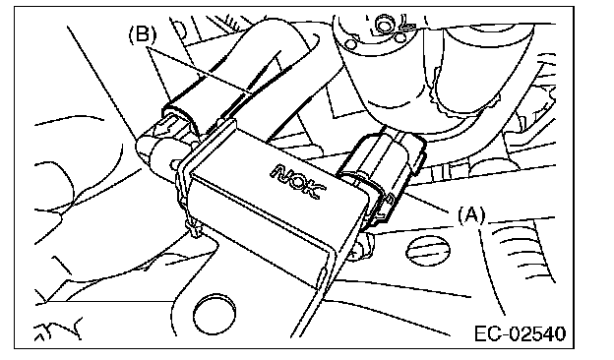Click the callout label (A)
click(471, 216)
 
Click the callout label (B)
click(142, 34)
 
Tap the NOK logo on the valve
click(298, 181)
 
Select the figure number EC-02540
click(521, 334)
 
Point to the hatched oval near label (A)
click(428, 251)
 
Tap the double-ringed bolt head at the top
click(383, 25)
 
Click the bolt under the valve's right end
click(362, 247)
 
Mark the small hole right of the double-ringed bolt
click(400, 38)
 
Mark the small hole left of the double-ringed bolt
click(352, 42)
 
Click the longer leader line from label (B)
click(199, 71)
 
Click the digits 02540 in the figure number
click(537, 334)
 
